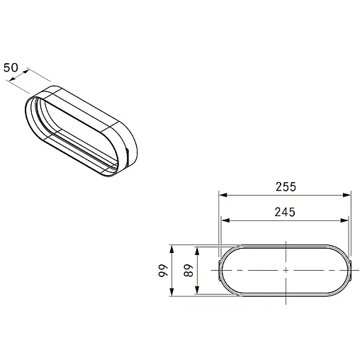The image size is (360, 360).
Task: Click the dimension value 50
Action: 11,68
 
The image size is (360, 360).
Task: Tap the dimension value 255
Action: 286,187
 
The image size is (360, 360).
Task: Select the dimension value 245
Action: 285,212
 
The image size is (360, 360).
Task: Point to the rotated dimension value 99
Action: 163,270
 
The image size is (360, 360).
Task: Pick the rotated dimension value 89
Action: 189,270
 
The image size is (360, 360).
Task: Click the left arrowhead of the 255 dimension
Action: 223,195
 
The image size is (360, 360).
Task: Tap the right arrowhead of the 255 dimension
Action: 347,195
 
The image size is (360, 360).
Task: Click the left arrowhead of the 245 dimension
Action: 225,220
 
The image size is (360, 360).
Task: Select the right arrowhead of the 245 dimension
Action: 344,220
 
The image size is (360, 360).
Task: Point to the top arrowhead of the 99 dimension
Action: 171,249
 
